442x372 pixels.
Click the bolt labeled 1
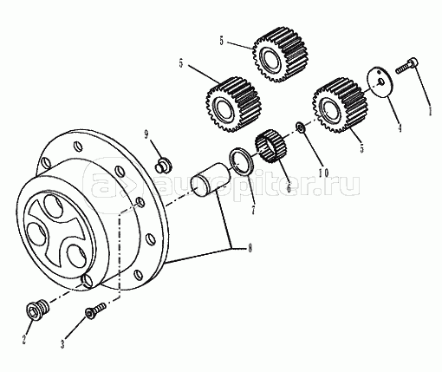(406, 65)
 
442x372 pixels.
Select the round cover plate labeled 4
(380, 82)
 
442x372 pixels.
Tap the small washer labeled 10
(300, 127)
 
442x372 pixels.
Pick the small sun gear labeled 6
(270, 147)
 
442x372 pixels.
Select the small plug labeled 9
(163, 165)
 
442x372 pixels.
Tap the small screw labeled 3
(95, 310)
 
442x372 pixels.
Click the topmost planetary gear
(280, 55)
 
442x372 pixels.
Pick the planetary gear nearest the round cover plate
(340, 106)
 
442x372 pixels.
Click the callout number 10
(323, 173)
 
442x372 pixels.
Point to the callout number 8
(250, 248)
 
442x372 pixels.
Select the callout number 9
(146, 134)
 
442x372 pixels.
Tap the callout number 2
(24, 339)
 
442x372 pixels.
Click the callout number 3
(62, 344)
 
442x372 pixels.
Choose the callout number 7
(253, 210)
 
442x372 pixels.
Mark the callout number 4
(400, 127)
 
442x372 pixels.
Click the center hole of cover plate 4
(381, 82)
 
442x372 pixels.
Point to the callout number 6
(289, 188)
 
